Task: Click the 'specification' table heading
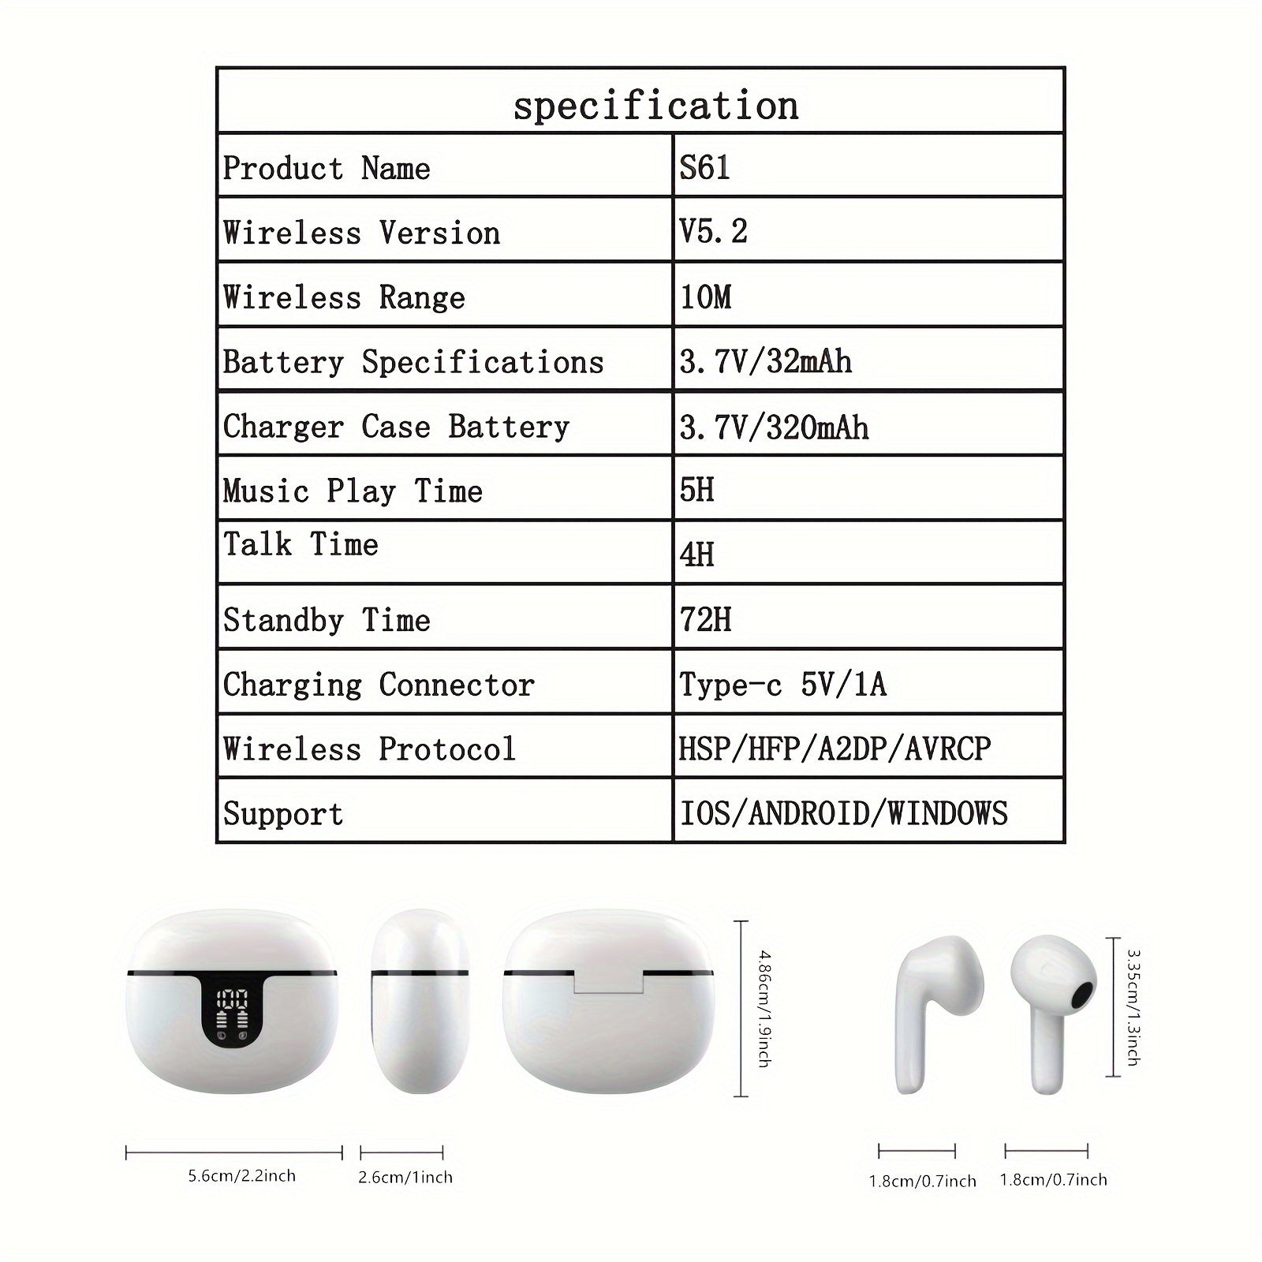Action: (x=655, y=106)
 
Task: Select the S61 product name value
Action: (x=704, y=167)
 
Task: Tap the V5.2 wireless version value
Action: (x=713, y=232)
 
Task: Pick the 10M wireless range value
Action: (x=706, y=297)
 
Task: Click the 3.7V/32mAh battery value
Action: (x=765, y=362)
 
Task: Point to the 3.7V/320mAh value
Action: (x=774, y=428)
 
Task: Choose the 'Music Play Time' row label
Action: (x=353, y=491)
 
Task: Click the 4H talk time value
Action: (x=696, y=555)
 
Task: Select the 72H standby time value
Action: (x=705, y=620)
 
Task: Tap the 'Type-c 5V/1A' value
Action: (x=782, y=685)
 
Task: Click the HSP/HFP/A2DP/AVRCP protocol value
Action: (x=834, y=749)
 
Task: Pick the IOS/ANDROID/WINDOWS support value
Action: (x=843, y=813)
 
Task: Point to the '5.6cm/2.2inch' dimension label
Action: (x=241, y=1176)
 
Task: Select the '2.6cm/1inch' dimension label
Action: (x=405, y=1178)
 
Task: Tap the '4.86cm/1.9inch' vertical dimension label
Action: (x=764, y=1009)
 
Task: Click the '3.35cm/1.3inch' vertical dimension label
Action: (x=1133, y=1008)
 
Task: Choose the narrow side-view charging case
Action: (x=420, y=1002)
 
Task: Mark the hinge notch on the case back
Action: (x=608, y=983)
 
